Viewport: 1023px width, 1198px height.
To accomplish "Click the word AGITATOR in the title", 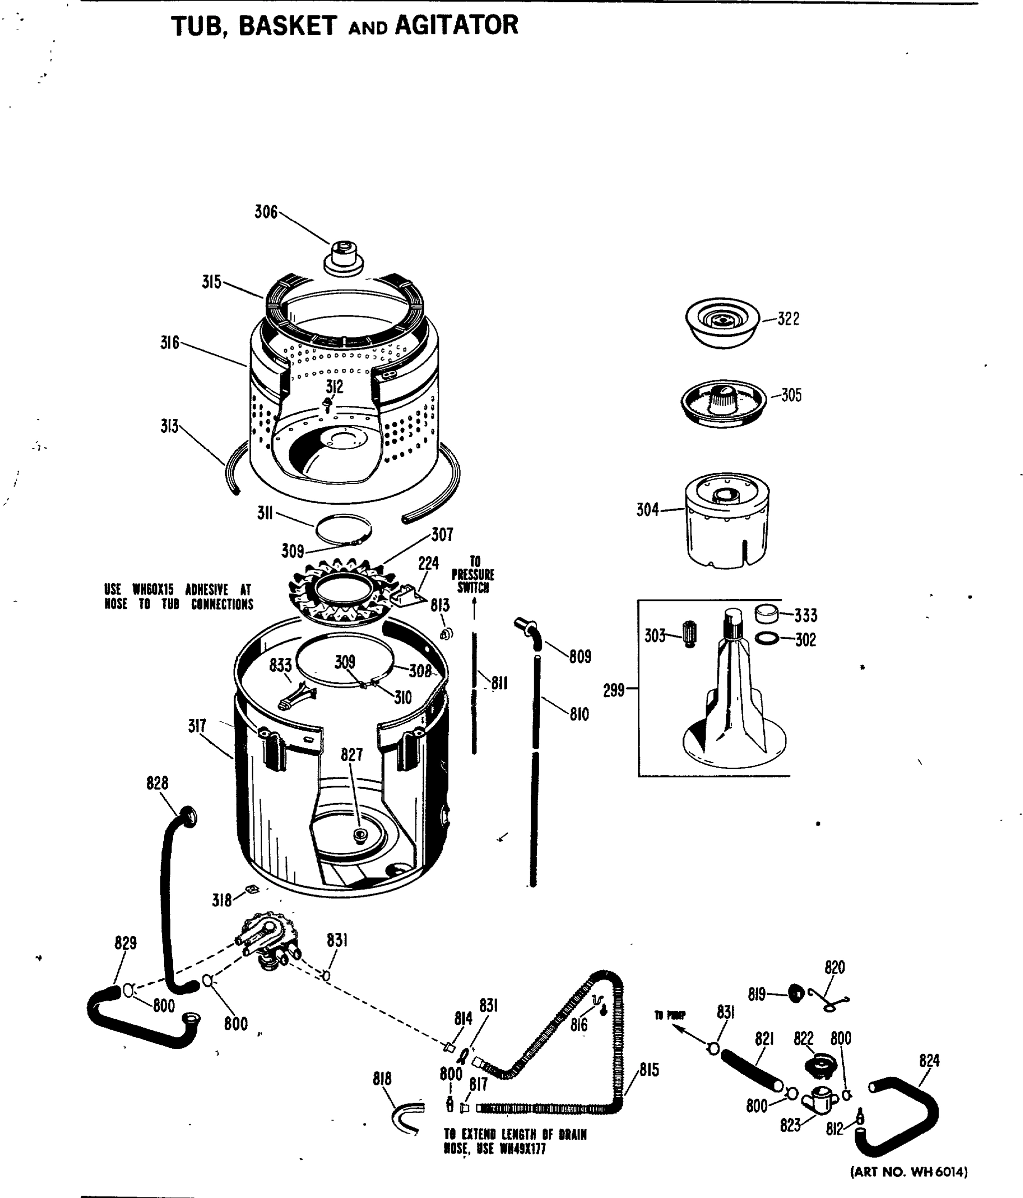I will (x=456, y=25).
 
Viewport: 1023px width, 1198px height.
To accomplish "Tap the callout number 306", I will (x=266, y=212).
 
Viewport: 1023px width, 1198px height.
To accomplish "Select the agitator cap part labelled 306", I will (x=343, y=259).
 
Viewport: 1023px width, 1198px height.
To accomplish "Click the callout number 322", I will (x=788, y=318).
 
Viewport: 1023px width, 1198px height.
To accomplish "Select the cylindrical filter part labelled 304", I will (x=727, y=520).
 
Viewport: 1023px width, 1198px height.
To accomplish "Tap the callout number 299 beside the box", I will (x=614, y=690).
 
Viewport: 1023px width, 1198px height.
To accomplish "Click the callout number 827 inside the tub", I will (x=351, y=755).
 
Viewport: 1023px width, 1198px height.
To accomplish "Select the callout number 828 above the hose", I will (x=157, y=783).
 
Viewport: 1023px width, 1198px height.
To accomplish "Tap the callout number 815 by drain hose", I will (x=649, y=1070).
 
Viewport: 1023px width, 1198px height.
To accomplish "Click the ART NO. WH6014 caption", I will (x=909, y=1172).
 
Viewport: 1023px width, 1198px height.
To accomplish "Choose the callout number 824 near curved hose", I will (x=929, y=1060).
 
